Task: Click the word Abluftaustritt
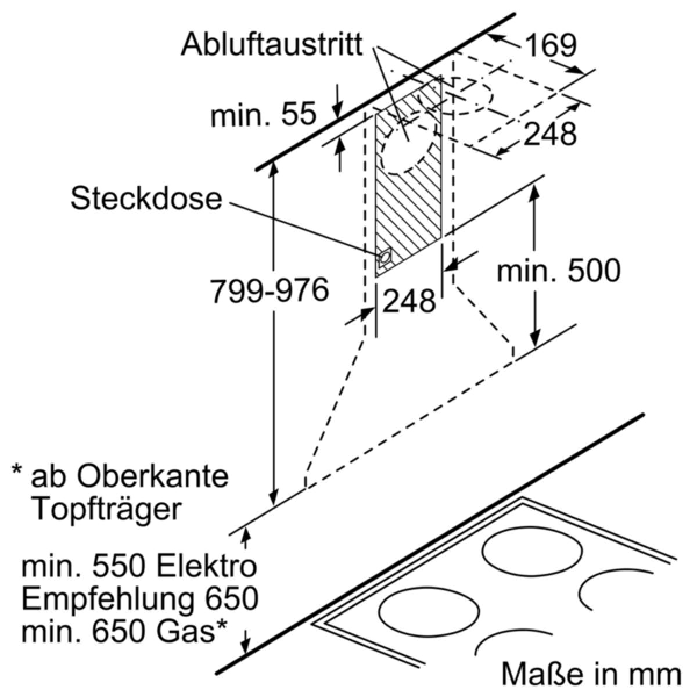pos(271,44)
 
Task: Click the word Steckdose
pos(146,199)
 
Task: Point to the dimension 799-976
pos(270,290)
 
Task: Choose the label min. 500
pos(558,270)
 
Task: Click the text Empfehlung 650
pos(139,599)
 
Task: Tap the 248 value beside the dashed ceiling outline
pos(550,134)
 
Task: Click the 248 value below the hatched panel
pos(409,301)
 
